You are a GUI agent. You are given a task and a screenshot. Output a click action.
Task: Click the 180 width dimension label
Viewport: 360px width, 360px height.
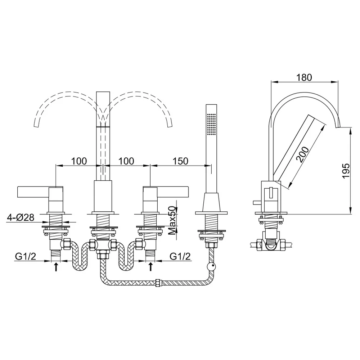(304, 78)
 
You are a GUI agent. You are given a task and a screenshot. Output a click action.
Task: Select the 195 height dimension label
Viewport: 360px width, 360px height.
(346, 170)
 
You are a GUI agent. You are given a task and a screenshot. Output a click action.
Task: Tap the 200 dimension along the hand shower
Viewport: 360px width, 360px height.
(303, 154)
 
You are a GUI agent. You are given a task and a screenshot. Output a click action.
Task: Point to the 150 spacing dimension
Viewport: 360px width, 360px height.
(180, 161)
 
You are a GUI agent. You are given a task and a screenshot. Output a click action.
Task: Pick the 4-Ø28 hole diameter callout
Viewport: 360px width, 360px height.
(21, 217)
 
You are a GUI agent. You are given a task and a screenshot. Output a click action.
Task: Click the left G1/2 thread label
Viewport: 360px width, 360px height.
(26, 256)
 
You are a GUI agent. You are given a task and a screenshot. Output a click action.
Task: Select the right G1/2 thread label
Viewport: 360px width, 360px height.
(180, 256)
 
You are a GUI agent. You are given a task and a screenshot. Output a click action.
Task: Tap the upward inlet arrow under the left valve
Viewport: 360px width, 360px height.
(56, 267)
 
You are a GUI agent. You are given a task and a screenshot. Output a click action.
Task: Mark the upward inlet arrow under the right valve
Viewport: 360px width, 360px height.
(150, 267)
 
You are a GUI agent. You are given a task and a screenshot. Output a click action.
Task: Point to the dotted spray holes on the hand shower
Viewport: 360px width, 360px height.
(211, 124)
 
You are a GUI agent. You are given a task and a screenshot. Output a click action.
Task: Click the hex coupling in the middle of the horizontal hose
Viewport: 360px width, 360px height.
(158, 283)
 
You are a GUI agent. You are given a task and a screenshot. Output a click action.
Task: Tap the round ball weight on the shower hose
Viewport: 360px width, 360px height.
(211, 267)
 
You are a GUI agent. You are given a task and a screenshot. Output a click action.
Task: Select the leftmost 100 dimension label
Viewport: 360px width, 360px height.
(79, 161)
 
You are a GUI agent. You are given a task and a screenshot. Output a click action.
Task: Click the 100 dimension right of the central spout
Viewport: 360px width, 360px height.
(126, 161)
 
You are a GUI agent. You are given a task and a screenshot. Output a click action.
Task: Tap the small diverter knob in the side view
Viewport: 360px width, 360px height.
(257, 202)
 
